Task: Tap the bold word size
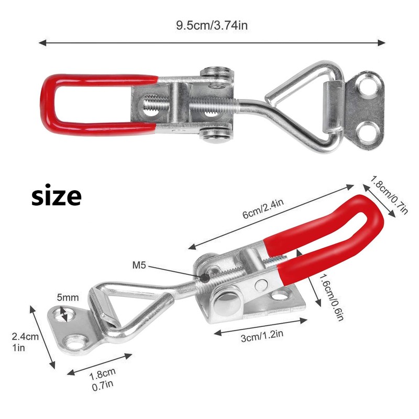[x=56, y=197]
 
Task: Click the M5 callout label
[x=140, y=266]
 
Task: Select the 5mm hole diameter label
[x=68, y=298]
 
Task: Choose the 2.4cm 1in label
[x=26, y=341]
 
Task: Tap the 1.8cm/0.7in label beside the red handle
[x=389, y=195]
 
